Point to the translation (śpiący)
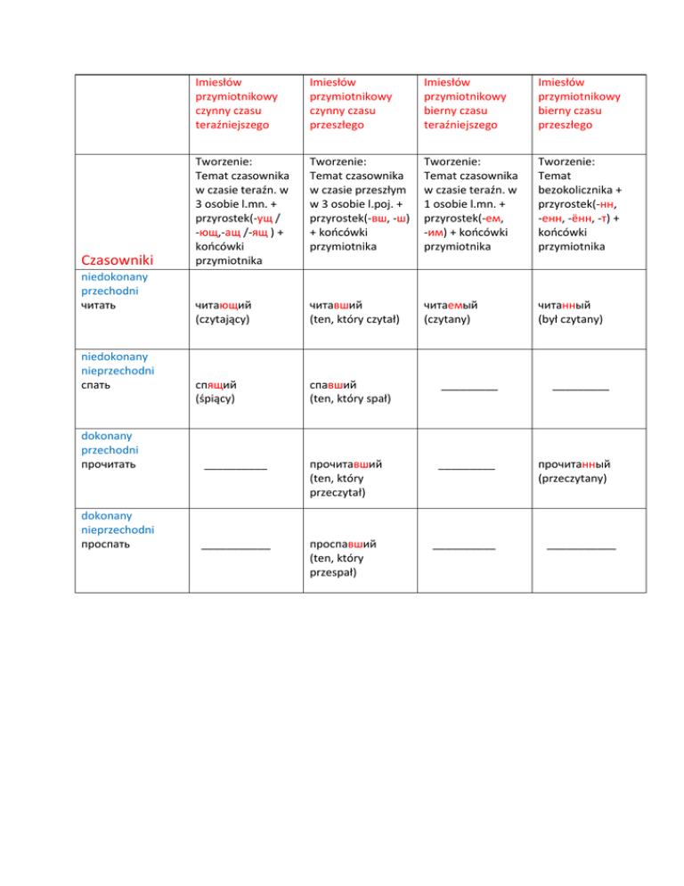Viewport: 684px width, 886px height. [x=216, y=399]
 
